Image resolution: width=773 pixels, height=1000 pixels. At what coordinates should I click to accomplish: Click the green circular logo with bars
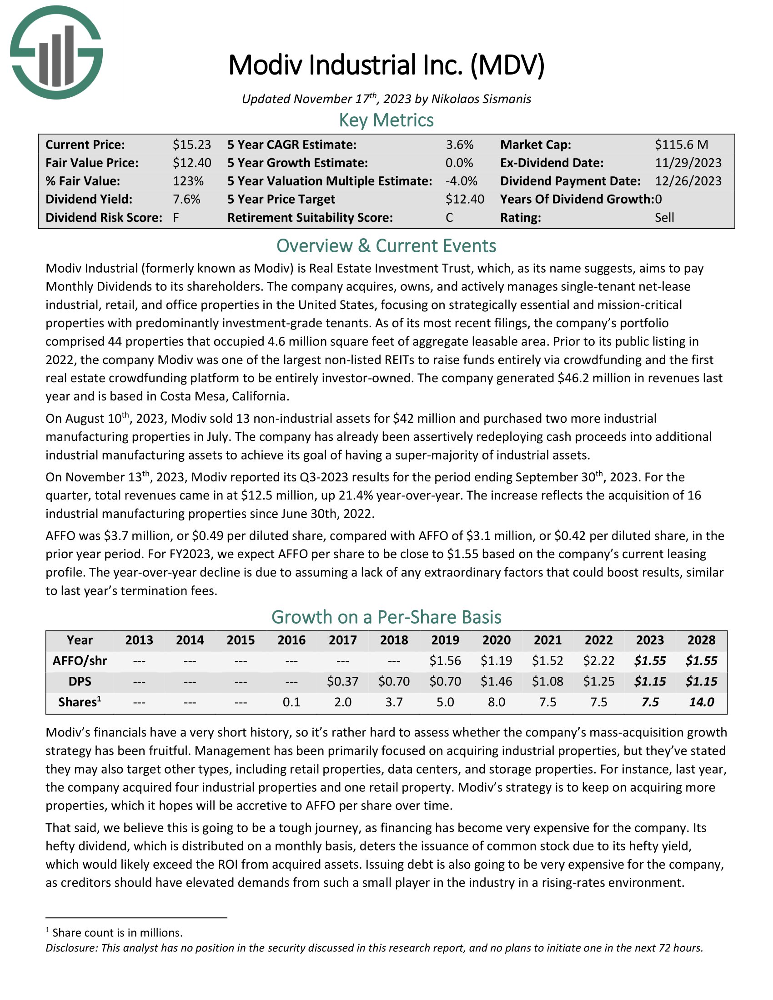56,52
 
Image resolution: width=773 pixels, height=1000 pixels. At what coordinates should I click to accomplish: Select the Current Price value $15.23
191,145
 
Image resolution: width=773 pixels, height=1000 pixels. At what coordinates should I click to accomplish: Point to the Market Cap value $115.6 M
681,145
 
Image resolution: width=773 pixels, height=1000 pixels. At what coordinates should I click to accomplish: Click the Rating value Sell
664,217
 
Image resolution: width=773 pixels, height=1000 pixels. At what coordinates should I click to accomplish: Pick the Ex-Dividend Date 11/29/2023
688,163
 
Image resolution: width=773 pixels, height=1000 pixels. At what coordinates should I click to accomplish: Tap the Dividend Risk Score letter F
176,217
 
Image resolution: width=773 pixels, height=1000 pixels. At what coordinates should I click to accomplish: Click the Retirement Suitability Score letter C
449,217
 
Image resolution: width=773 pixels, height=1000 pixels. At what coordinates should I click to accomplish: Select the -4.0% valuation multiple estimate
461,181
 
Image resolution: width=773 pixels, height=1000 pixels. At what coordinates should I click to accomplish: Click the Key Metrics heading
386,120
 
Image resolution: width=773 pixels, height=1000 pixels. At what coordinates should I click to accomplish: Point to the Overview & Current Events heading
386,246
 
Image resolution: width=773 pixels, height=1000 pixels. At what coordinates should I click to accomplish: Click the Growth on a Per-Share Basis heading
386,617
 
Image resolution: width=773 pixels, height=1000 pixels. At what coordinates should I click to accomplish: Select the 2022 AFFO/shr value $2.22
598,661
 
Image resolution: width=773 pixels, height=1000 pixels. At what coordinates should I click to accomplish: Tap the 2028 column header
701,640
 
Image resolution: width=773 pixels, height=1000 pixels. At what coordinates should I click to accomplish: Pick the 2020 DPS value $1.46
497,681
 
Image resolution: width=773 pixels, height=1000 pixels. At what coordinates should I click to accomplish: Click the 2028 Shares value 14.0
701,702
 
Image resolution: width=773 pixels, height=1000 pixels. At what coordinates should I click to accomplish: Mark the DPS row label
80,681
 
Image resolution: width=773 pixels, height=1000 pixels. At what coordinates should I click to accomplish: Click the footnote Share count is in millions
117,933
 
